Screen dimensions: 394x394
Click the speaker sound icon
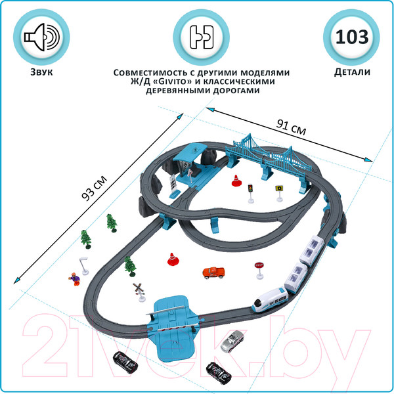point(42,37)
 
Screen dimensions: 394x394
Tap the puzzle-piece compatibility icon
point(202,37)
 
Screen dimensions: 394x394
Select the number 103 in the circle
point(352,37)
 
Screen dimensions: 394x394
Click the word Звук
point(41,72)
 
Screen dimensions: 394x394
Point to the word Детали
point(352,72)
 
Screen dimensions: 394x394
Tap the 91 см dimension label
point(292,127)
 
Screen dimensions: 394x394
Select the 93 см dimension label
point(94,188)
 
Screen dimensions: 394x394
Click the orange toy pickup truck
point(213,273)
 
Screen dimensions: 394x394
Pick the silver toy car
point(232,341)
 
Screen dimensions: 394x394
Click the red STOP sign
point(259,271)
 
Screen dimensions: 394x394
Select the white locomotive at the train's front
point(271,300)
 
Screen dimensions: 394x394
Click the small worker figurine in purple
point(75,279)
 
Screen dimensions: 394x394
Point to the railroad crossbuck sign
point(139,292)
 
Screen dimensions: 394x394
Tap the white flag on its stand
point(84,266)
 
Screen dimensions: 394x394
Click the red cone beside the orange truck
point(172,259)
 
